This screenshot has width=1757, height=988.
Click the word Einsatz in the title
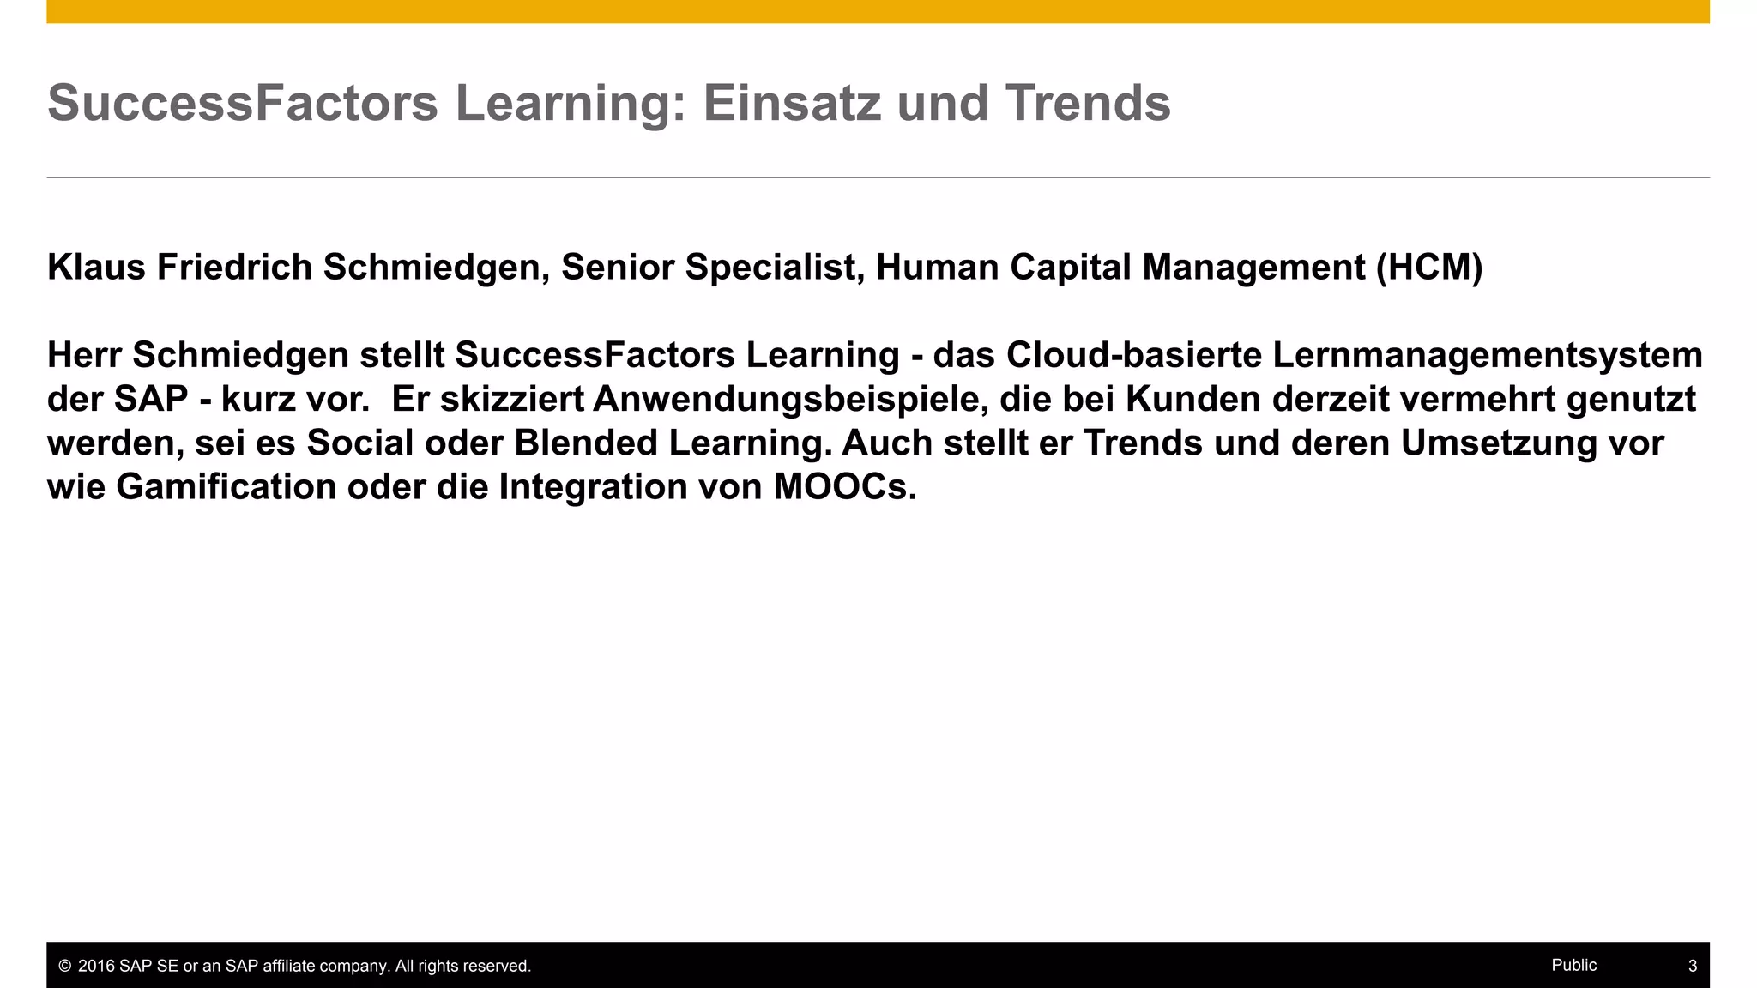click(792, 103)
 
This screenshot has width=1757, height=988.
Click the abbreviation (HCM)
click(1429, 268)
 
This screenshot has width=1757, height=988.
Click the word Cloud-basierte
click(1133, 355)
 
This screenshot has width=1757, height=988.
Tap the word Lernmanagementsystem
click(1487, 355)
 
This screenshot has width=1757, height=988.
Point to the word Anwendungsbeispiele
click(786, 399)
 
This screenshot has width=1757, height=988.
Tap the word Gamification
click(226, 487)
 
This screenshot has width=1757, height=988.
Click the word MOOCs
click(845, 487)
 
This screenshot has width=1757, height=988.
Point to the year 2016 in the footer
click(96, 967)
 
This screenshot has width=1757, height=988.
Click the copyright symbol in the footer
click(64, 967)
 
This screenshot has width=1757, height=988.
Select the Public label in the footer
click(1573, 965)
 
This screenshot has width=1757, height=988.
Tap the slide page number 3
click(1692, 967)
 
